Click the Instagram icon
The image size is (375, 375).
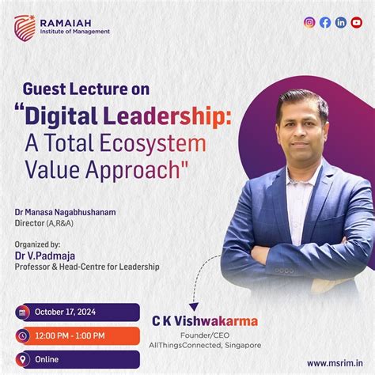pos(309,22)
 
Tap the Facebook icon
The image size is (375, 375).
pos(324,22)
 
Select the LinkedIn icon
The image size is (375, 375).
pos(340,22)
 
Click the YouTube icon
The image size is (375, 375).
pos(356,22)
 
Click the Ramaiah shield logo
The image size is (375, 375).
pos(25,26)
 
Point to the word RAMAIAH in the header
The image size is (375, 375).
pos(74,21)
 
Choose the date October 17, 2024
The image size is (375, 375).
pos(68,312)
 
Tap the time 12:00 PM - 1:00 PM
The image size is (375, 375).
pos(73,335)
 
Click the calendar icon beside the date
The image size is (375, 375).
pos(22,312)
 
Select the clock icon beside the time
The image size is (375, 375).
pos(22,335)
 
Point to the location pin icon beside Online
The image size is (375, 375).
pos(22,359)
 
